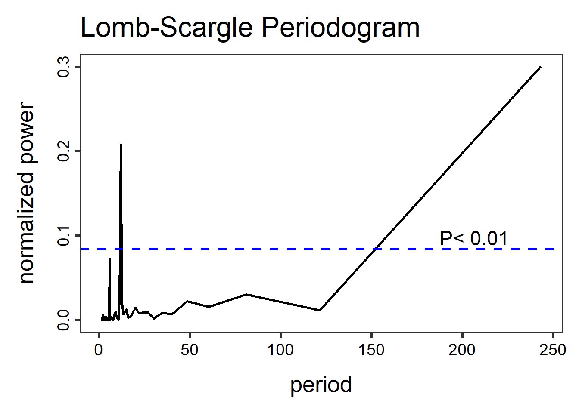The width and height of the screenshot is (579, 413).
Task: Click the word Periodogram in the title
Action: [340, 28]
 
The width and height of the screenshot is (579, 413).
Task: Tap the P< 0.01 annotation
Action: [473, 238]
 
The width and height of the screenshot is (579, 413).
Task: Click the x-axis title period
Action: [321, 385]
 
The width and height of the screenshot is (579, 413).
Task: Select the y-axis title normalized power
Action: [27, 193]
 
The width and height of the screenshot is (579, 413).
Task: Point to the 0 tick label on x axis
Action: [99, 350]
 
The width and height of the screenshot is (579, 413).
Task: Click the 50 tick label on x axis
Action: [190, 350]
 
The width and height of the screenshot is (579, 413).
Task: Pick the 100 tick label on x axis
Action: [280, 350]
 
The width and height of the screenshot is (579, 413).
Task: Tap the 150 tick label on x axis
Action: [371, 350]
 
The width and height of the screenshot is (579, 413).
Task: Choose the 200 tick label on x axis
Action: [462, 350]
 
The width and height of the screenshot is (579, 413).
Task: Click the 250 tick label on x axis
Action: [553, 350]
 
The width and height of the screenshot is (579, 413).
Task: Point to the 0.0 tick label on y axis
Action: [64, 320]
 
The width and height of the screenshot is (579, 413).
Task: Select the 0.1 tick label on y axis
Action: [64, 236]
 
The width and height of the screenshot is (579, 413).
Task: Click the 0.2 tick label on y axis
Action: [64, 151]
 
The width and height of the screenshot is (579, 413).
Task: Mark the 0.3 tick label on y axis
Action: [64, 67]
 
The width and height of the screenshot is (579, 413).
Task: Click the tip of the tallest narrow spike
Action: [121, 145]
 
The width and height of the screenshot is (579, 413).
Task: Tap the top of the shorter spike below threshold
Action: [109, 259]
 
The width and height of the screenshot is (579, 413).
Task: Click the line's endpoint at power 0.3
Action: [540, 67]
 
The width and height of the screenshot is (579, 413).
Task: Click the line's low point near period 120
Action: [320, 310]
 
